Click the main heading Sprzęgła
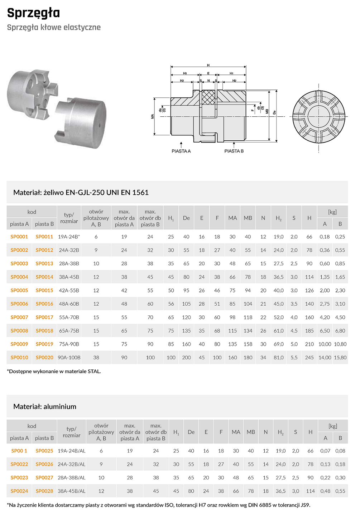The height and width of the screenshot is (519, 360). coord(33,13)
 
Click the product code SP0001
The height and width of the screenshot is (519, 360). coord(19,237)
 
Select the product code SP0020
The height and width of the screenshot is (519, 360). coord(44,358)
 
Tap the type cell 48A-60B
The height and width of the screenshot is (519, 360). coord(69,304)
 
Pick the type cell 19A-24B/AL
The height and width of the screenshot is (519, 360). coord(72,451)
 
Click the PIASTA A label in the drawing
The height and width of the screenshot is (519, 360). coord(181,151)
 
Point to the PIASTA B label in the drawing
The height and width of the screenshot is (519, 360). coord(234,151)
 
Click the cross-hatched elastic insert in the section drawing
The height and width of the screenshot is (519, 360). coord(208,97)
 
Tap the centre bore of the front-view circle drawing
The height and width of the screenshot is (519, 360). coord(318,116)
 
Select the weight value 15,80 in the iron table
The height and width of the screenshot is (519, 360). coord(340,358)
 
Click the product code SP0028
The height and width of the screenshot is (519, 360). coord(44,491)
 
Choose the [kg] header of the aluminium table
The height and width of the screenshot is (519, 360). coord(333,426)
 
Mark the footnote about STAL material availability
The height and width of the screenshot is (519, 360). coord(54,372)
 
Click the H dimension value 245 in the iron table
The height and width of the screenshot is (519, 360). coord(309,358)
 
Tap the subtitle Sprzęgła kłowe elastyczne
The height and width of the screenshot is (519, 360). coord(54,28)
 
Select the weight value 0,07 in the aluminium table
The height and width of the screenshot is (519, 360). coord(325,451)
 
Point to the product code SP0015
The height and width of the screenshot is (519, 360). coord(44,290)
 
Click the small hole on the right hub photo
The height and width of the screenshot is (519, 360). coord(99,125)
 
